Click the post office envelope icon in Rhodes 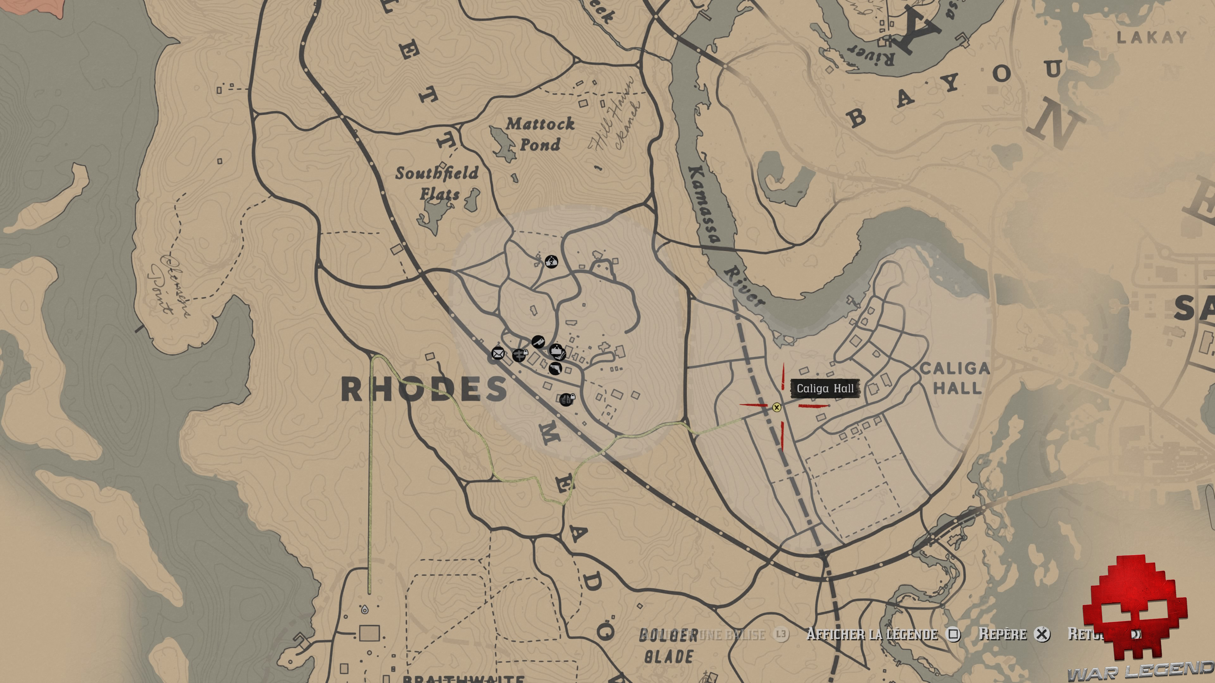[x=498, y=353]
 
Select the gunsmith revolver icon [x=555, y=368]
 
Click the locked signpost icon [x=519, y=355]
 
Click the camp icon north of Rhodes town [x=551, y=261]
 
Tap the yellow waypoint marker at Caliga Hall [x=776, y=407]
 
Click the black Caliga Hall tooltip [x=825, y=388]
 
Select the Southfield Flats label [x=437, y=183]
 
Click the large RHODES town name [x=424, y=389]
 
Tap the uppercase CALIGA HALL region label [x=956, y=378]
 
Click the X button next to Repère [x=1042, y=634]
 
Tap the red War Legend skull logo [x=1134, y=608]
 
